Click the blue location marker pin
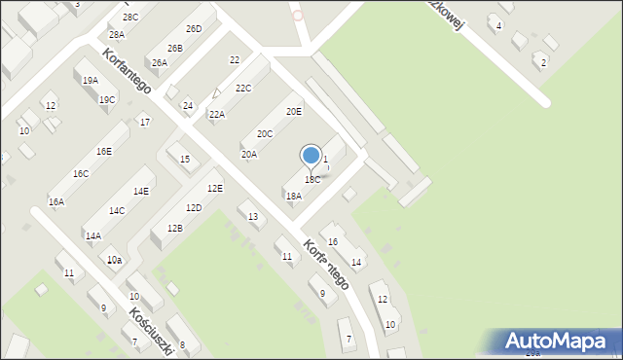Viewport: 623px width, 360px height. (x=311, y=156)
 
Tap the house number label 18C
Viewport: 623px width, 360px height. (x=312, y=179)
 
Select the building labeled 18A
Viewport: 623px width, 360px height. (x=293, y=196)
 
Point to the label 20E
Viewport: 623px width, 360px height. (x=293, y=112)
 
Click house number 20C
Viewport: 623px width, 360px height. (x=265, y=133)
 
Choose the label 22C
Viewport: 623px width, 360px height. (x=243, y=89)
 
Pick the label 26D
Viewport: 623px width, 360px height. (x=194, y=29)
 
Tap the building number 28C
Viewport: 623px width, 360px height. (x=130, y=18)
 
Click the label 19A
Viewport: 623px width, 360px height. (x=90, y=81)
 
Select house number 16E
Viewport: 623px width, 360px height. (x=103, y=152)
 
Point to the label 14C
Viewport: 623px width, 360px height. (x=117, y=210)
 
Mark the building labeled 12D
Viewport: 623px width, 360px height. (x=194, y=207)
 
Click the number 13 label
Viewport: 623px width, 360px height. (x=253, y=216)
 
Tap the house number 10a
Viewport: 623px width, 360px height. (x=114, y=260)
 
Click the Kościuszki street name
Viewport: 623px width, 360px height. (x=151, y=331)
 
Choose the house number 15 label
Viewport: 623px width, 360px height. (x=185, y=159)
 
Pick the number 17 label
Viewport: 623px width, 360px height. (x=144, y=122)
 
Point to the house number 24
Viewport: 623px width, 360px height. (x=188, y=105)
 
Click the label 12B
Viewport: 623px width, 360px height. (x=174, y=228)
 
